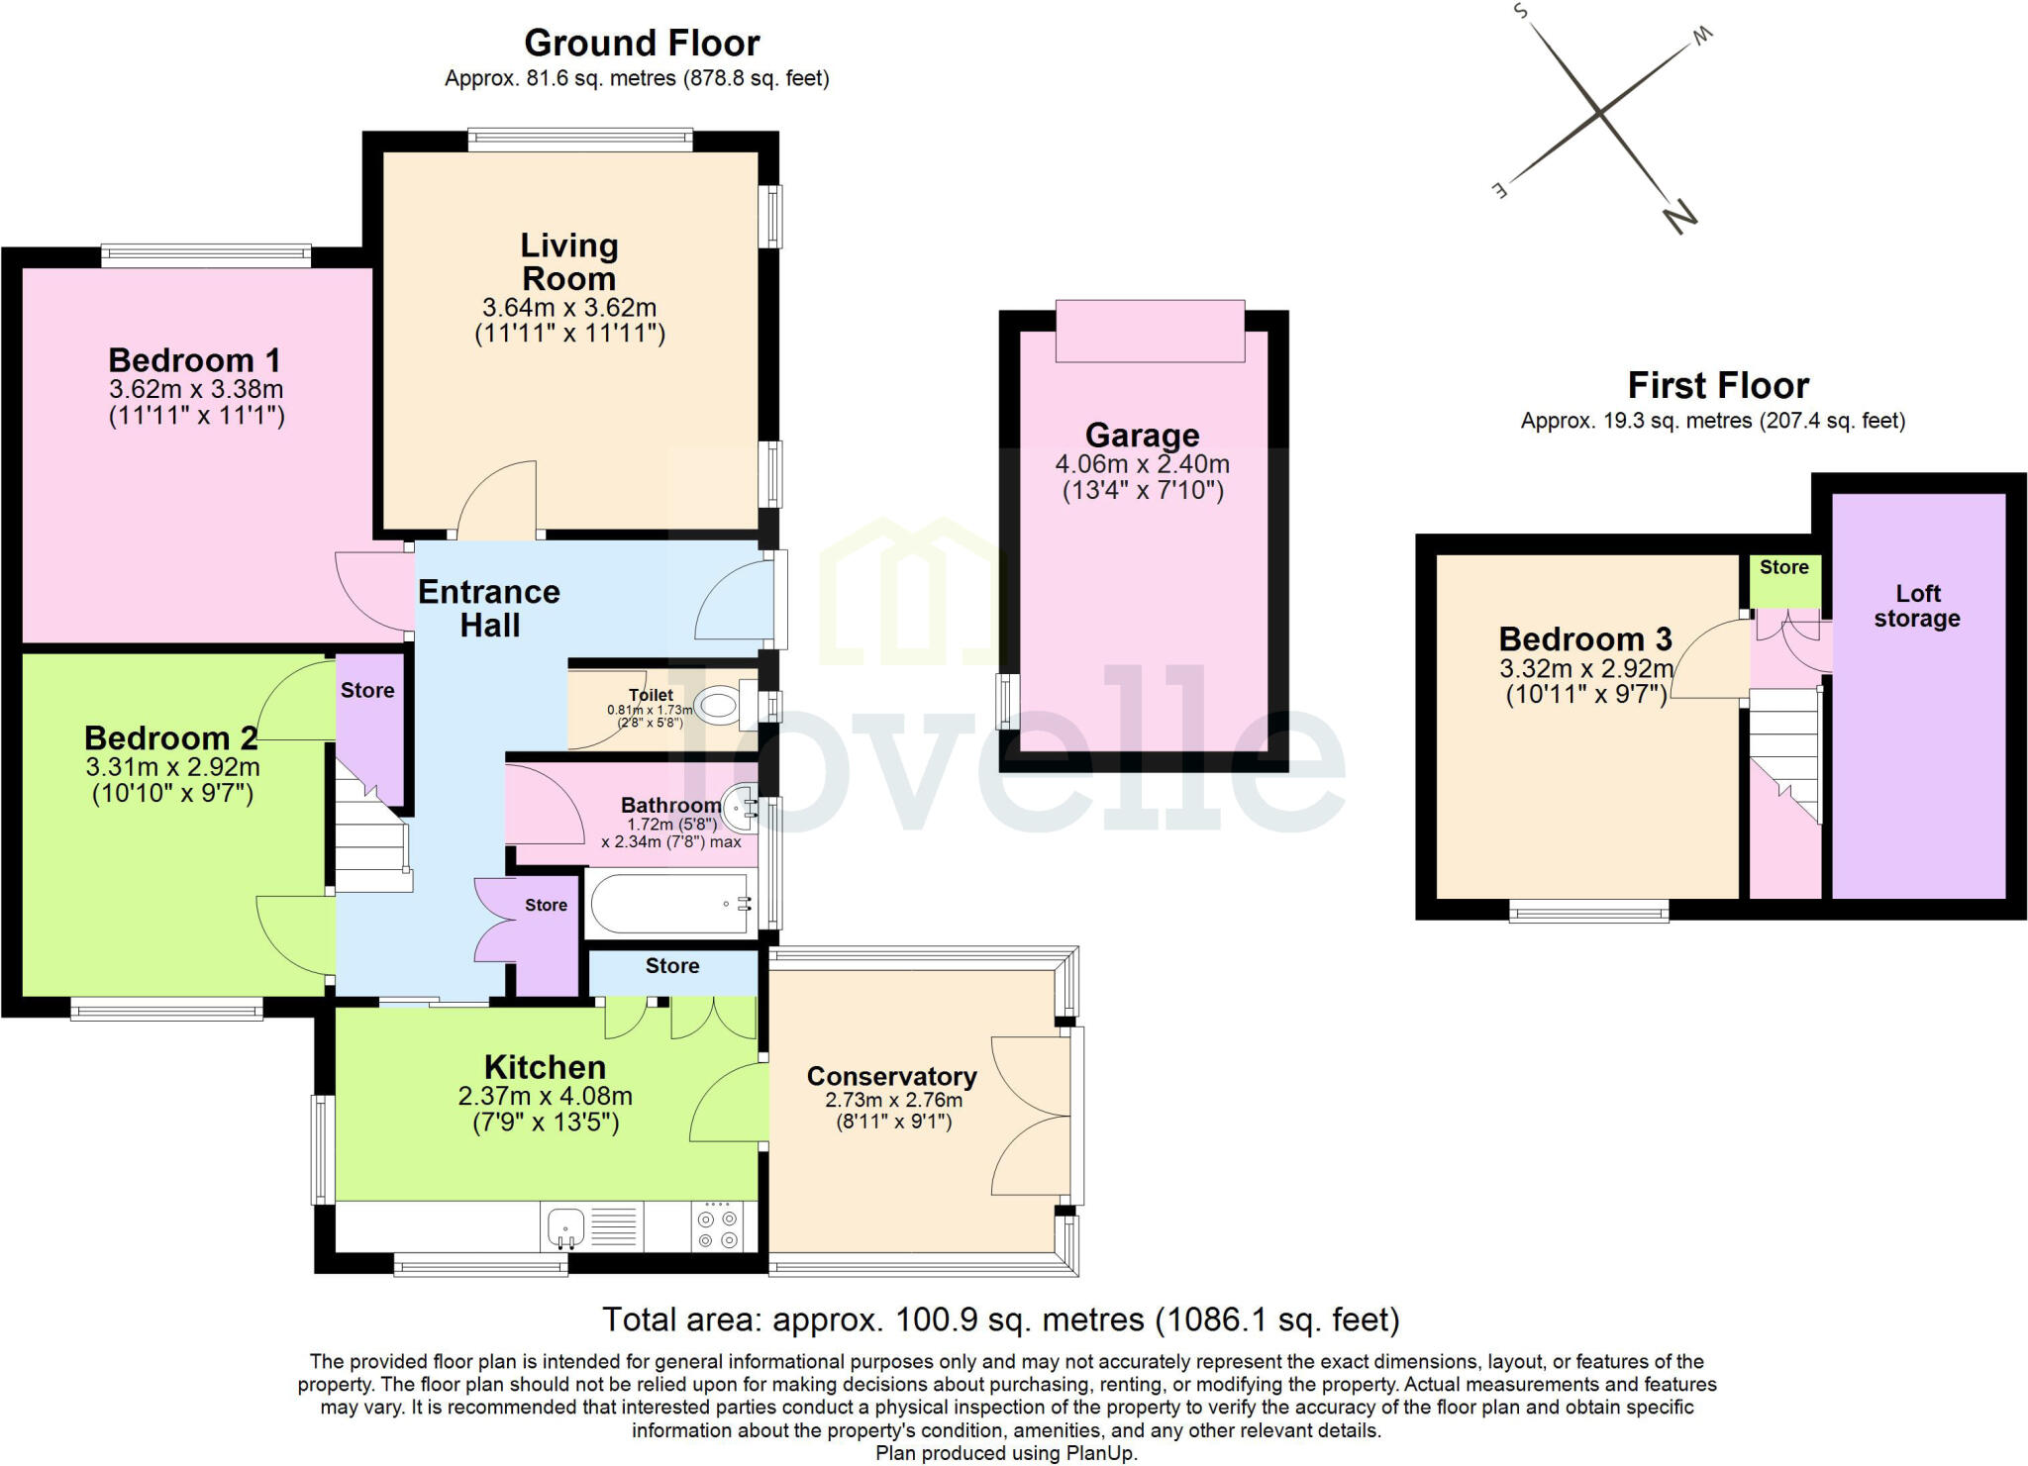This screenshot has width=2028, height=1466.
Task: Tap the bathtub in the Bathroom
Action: tap(670, 904)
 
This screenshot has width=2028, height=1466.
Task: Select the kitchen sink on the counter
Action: tap(565, 1227)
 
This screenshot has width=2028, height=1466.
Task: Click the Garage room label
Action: tap(1142, 435)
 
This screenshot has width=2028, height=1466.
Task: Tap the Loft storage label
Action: tap(1917, 606)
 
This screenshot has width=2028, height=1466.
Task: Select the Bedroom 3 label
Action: tap(1585, 638)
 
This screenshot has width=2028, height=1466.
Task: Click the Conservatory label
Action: tap(891, 1076)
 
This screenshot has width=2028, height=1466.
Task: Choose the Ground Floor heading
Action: tap(642, 44)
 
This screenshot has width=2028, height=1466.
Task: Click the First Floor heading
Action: tap(1718, 384)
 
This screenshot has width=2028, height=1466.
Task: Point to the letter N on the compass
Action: tap(1680, 215)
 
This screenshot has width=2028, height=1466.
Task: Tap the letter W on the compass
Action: tap(1701, 37)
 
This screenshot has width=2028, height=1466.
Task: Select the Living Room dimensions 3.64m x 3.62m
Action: tap(569, 308)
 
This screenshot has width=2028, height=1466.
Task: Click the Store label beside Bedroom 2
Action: tap(367, 690)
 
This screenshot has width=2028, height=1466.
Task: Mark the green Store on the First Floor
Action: tap(1784, 582)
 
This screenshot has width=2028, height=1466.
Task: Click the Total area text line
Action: tap(1001, 1319)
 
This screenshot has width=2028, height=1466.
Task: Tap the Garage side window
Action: tap(1008, 702)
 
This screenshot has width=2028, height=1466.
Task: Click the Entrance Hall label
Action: tap(489, 608)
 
